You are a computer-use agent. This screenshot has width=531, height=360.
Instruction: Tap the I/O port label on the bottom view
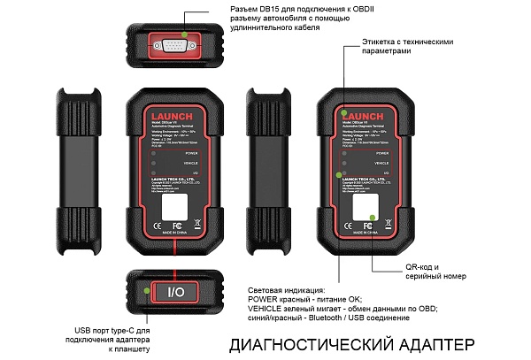pyautogui.click(x=175, y=291)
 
